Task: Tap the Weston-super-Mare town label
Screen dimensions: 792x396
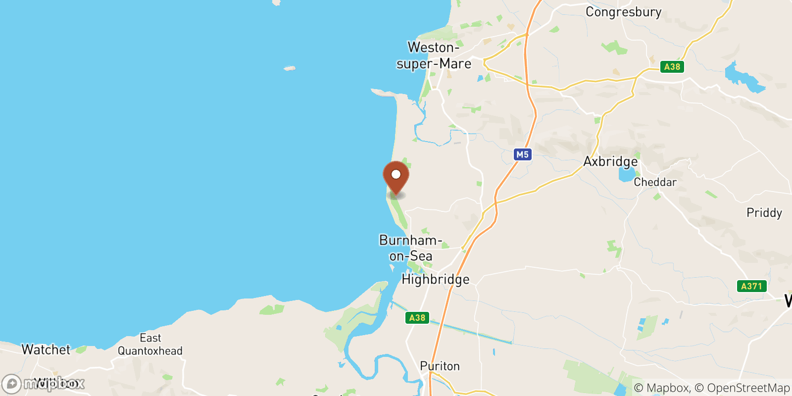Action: (x=434, y=55)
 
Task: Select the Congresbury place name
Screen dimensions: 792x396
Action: (x=623, y=12)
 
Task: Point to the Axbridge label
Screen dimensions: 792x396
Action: (x=610, y=161)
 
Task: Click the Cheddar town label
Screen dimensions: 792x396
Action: (x=655, y=182)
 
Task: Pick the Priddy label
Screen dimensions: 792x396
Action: (x=764, y=213)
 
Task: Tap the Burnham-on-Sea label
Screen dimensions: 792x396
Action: (x=410, y=248)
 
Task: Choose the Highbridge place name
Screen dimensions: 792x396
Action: (x=435, y=279)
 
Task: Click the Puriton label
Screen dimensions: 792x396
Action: (x=440, y=366)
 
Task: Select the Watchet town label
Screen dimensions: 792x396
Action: (x=46, y=349)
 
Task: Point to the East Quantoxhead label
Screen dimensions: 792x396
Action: (x=150, y=345)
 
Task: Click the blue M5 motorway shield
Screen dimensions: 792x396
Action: (x=522, y=154)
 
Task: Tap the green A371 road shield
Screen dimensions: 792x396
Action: (x=751, y=286)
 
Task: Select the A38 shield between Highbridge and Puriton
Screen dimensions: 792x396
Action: (x=417, y=318)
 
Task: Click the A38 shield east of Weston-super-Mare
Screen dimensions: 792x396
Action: (x=672, y=67)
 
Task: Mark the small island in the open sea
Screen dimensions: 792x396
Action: (x=290, y=68)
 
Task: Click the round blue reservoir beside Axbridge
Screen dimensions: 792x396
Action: (x=626, y=175)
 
